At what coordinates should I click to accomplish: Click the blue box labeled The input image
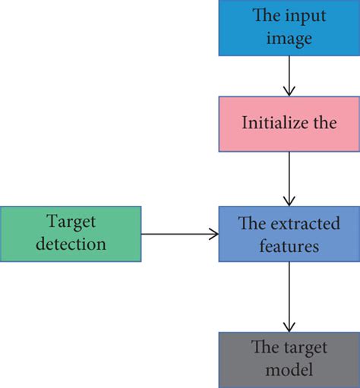[288, 27]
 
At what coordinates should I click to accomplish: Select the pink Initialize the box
[288, 124]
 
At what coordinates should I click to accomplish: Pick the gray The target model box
[288, 358]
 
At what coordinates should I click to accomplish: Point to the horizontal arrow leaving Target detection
[178, 235]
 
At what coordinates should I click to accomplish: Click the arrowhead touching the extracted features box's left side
[213, 235]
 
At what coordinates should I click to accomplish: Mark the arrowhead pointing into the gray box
[289, 326]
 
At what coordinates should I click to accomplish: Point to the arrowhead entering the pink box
[289, 91]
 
